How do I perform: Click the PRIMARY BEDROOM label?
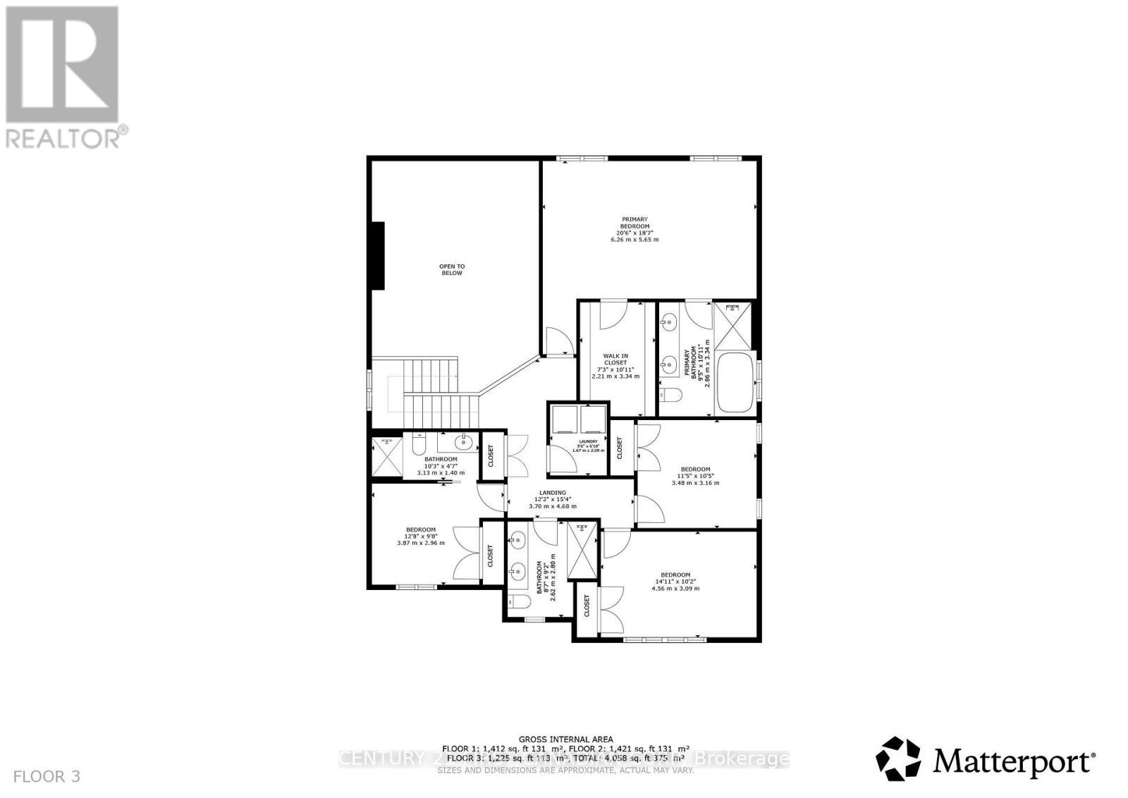click(x=634, y=229)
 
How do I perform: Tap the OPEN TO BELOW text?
click(x=452, y=269)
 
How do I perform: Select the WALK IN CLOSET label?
click(x=615, y=366)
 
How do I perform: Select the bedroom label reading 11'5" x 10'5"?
click(x=695, y=476)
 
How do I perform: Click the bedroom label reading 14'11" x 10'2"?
click(x=675, y=581)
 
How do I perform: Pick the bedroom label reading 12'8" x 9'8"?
click(x=420, y=536)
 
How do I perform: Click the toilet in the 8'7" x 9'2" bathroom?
click(x=520, y=602)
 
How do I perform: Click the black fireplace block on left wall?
click(x=378, y=255)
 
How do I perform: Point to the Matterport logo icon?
click(x=898, y=759)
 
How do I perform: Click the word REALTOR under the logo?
click(x=63, y=137)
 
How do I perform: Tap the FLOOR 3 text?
click(x=47, y=777)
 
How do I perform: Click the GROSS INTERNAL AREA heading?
click(x=565, y=739)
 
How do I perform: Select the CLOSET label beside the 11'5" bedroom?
click(x=620, y=447)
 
